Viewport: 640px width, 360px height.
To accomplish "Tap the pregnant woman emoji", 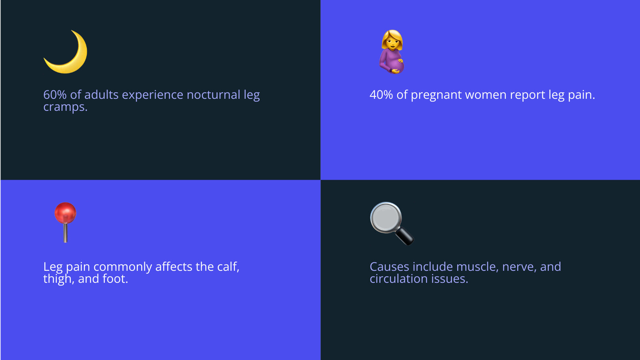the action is tap(392, 52).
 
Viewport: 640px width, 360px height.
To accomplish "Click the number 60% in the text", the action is tap(55, 95).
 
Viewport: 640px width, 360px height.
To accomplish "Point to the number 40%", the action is tap(381, 95).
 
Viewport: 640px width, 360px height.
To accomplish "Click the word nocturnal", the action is tap(214, 95).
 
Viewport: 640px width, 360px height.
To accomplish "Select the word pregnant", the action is tap(436, 96).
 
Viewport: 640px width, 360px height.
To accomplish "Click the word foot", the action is tap(115, 279).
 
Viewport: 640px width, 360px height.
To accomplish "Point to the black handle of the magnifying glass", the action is tap(404, 236).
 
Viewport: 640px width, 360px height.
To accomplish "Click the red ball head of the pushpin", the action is tap(66, 213).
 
